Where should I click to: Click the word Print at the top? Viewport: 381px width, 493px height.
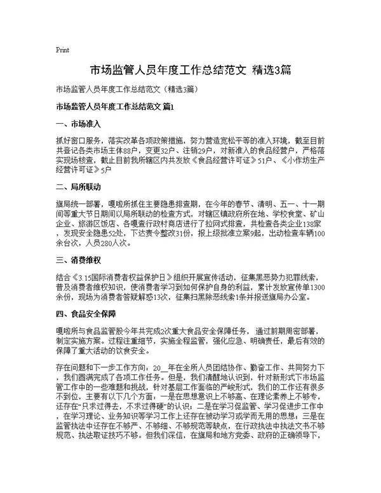pyautogui.click(x=62, y=49)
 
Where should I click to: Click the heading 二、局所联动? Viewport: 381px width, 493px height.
pyautogui.click(x=78, y=187)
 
